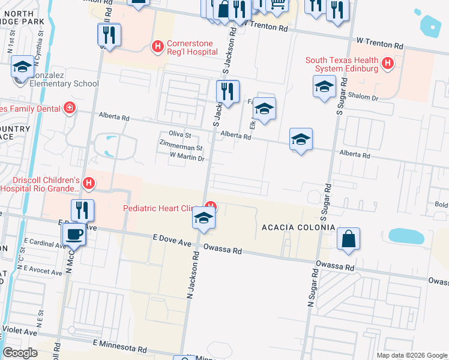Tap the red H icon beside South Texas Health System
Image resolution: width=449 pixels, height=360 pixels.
pyautogui.click(x=388, y=62)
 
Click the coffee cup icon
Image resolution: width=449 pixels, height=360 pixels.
pyautogui.click(x=74, y=233)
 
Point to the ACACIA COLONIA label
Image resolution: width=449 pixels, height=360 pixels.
pyautogui.click(x=298, y=227)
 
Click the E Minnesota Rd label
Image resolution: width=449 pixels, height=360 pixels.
pyautogui.click(x=119, y=347)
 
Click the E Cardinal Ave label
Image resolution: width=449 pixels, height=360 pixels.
pyautogui.click(x=43, y=245)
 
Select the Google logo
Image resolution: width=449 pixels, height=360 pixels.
pyautogui.click(x=20, y=352)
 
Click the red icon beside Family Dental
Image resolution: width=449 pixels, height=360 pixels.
pyautogui.click(x=70, y=109)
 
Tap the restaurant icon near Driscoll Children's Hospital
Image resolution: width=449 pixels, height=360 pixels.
pyautogui.click(x=82, y=209)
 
